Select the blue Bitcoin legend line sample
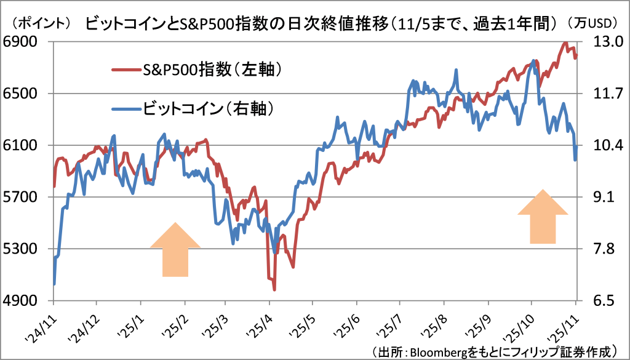tap(126, 109)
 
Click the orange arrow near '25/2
tap(175, 249)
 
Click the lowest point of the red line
tap(274, 289)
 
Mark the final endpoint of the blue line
tap(575, 160)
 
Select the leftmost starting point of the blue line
tap(54, 284)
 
